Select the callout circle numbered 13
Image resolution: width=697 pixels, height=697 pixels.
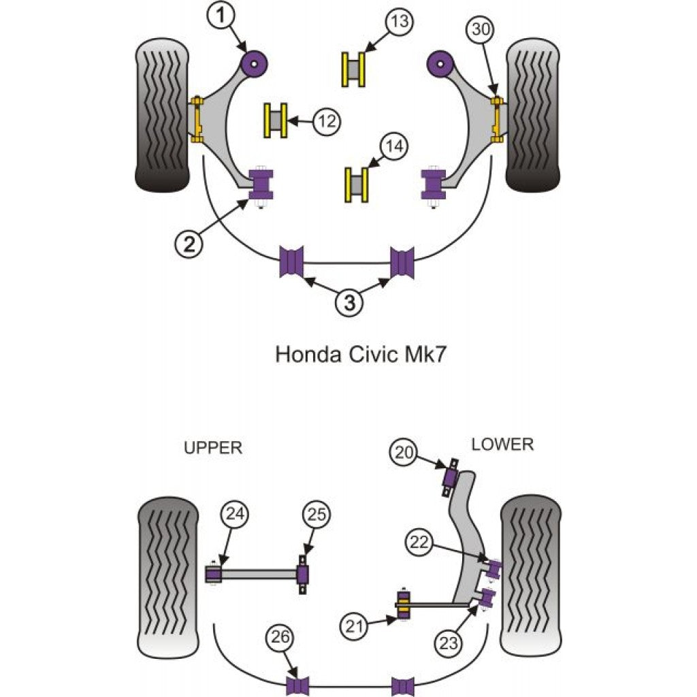coord(400,22)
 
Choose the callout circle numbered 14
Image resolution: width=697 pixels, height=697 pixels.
coord(396,146)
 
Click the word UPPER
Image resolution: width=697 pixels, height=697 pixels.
coord(213,448)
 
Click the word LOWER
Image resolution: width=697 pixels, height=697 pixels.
coord(502,444)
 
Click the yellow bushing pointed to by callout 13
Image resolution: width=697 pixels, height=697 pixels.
coord(353,69)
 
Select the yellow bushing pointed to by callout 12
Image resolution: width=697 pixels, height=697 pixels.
coord(276,121)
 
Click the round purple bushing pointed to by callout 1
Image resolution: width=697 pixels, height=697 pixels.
coord(255,65)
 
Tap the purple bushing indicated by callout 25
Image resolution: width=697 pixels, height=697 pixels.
coord(303,575)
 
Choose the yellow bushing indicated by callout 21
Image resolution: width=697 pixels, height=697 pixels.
coord(404,604)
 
